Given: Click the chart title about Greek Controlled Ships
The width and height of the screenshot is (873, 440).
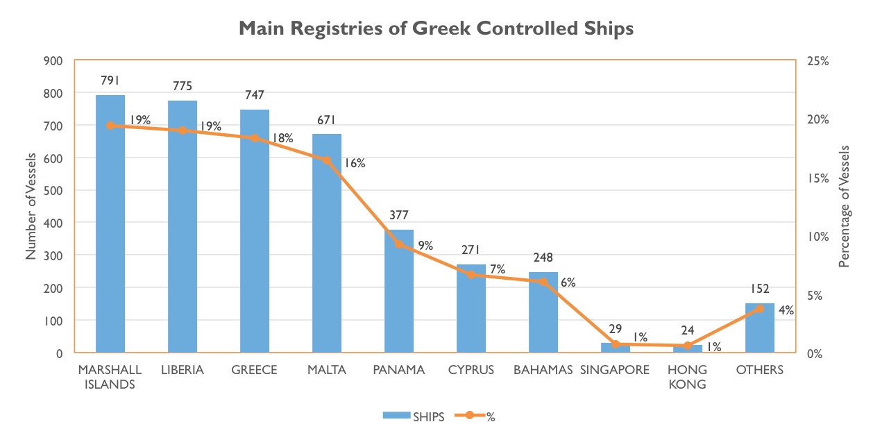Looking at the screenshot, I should click(436, 28).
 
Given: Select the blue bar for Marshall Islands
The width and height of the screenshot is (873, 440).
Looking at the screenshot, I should click(110, 222).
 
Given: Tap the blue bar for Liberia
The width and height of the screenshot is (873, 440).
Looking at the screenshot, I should click(183, 226).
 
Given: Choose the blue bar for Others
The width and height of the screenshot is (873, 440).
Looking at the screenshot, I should click(760, 327).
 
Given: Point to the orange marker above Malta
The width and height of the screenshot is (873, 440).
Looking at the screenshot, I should click(327, 160).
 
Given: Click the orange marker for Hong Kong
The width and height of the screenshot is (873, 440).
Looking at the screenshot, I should click(688, 345).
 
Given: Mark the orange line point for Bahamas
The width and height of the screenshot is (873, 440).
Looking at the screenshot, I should click(543, 281).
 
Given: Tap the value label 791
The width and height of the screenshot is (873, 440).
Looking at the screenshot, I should click(110, 81).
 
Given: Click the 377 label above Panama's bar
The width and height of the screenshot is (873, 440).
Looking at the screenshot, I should click(398, 214).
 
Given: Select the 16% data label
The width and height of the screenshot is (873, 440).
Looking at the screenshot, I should click(354, 164).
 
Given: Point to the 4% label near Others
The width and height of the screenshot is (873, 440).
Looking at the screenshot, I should click(786, 310).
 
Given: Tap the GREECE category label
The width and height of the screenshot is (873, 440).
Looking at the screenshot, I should click(255, 370).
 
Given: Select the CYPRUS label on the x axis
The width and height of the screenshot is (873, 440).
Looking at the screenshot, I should click(471, 370).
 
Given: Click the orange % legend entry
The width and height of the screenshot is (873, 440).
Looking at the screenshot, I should click(475, 416).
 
